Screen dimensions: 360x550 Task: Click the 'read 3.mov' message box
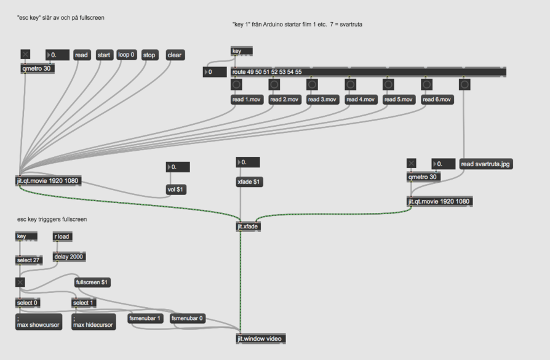click(322, 100)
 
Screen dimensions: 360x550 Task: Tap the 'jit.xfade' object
click(249, 226)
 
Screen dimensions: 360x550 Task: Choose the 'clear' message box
click(175, 55)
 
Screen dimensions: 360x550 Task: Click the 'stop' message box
click(149, 55)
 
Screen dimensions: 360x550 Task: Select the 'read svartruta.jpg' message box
click(486, 164)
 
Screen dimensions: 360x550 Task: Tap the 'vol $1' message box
click(176, 190)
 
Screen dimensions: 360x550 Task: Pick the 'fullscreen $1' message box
click(92, 282)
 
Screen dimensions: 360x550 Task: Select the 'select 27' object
click(29, 260)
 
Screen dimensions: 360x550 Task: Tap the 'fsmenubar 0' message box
click(188, 319)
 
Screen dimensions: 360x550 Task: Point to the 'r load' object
click(63, 236)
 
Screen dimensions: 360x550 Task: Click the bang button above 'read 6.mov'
click(426, 84)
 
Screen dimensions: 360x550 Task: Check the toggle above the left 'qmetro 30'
click(25, 55)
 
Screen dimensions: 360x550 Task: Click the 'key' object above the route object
click(241, 51)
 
